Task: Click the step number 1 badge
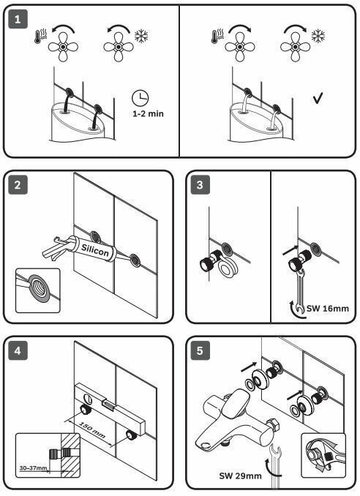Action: (18, 19)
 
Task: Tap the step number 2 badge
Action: (18, 185)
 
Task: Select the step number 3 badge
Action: (200, 185)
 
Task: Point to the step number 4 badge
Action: (18, 350)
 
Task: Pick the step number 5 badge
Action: (200, 350)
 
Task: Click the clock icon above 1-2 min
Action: (140, 98)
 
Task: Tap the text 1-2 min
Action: (148, 113)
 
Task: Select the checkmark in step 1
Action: (318, 98)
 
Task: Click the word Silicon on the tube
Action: (95, 250)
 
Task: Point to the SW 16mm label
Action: (327, 309)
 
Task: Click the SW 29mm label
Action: (240, 476)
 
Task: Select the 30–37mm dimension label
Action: (33, 468)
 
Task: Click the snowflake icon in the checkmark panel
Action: (318, 36)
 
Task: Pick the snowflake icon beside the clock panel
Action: (141, 36)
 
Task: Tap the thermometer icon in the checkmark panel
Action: (217, 36)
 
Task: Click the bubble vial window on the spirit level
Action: (108, 405)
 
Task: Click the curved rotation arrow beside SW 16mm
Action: (296, 309)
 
